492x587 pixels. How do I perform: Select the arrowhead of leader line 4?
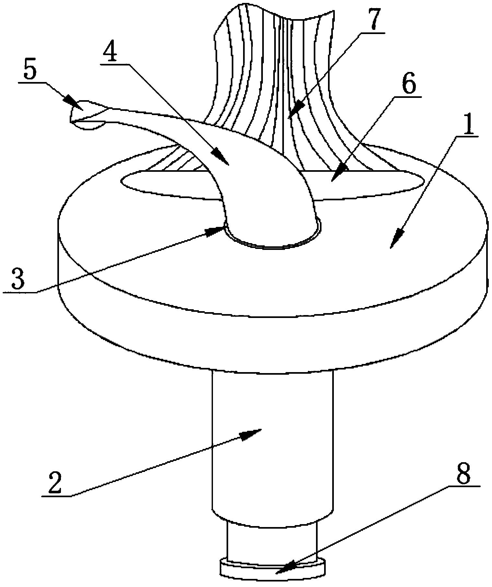tap(221, 157)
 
